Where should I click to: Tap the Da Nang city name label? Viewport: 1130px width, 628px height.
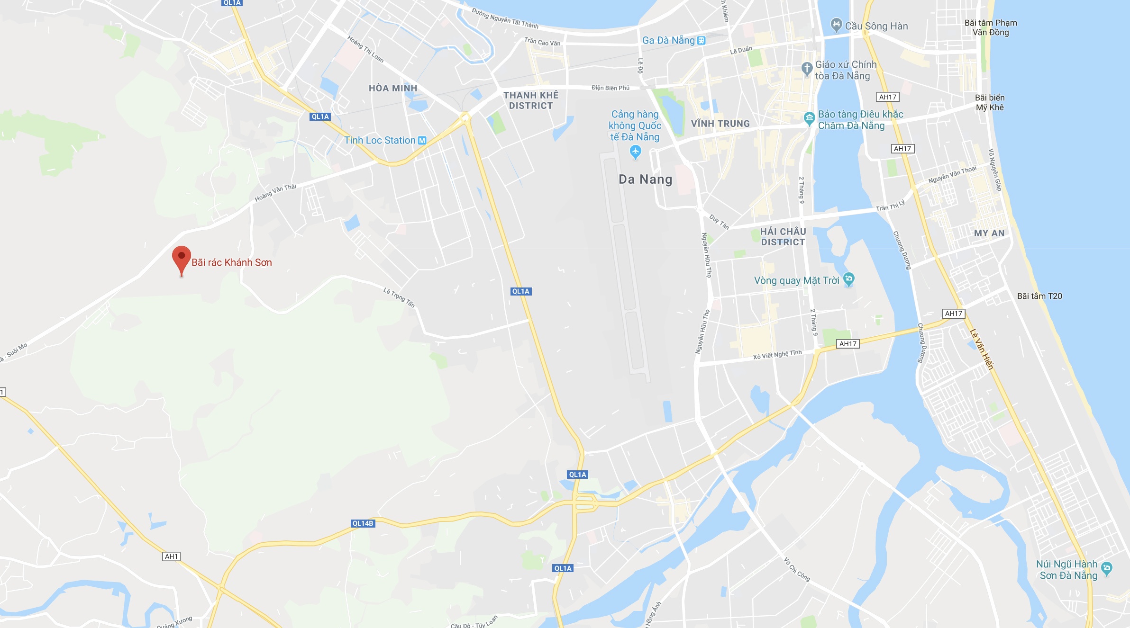point(645,179)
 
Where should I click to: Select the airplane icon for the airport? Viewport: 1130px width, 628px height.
point(635,152)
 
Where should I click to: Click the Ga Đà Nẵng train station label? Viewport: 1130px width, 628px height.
point(668,41)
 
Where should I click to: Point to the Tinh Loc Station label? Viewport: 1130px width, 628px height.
point(380,141)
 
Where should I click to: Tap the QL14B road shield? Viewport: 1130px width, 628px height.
point(363,523)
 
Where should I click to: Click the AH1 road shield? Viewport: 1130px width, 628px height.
point(171,556)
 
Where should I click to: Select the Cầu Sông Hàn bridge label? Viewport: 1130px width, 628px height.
point(876,27)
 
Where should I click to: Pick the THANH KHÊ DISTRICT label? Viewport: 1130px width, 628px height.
point(531,100)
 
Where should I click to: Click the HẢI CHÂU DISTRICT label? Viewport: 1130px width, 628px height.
point(783,237)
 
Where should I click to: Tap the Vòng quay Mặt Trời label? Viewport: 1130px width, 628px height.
point(796,281)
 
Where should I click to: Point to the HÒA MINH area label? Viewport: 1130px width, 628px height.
point(393,88)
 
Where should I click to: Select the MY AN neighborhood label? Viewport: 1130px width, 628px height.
point(989,233)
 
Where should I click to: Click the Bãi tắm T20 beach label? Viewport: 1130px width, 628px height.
point(1039,296)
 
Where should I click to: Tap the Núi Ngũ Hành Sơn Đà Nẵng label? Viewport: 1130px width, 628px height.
point(1066,570)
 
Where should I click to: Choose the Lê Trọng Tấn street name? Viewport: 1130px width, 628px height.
point(399,297)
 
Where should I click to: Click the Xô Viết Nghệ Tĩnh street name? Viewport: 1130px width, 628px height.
point(777,354)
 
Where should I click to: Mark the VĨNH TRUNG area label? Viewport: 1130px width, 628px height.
point(720,124)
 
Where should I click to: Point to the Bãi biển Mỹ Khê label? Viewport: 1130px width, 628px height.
point(990,102)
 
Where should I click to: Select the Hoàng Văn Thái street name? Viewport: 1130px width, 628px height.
point(275,193)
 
